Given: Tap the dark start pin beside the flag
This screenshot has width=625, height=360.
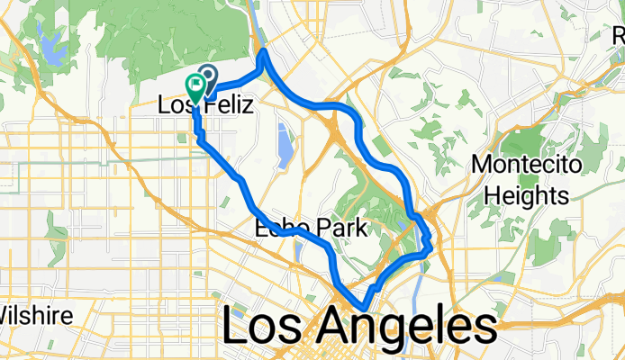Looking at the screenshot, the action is pos(208,77).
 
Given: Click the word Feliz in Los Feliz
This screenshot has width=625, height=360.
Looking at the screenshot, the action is pos(225,105).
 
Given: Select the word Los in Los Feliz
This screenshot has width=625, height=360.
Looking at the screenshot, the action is pos(177,105).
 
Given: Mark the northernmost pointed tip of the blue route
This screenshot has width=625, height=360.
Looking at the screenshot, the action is pos(263,53).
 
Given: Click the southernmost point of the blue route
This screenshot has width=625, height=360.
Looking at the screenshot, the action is pos(363,309).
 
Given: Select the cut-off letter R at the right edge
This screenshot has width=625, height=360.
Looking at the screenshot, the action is pos(619,36).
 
